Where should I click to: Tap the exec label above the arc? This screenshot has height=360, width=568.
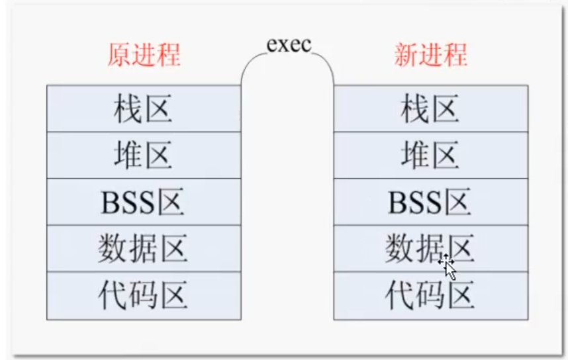(289, 44)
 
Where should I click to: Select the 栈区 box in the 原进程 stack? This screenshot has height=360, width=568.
(144, 109)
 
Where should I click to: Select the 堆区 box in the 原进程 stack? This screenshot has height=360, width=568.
(144, 155)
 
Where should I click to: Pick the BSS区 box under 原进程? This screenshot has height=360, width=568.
(144, 202)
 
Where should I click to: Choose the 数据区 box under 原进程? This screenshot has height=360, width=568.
(144, 248)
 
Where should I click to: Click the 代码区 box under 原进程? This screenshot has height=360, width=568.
(144, 295)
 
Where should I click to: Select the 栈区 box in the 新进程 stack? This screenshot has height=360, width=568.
(430, 109)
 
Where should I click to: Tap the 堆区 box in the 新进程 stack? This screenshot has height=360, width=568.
(430, 155)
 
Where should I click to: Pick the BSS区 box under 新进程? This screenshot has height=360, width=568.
(430, 202)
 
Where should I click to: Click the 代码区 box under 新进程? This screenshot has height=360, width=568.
(430, 295)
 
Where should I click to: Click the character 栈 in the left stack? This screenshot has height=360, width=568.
(128, 109)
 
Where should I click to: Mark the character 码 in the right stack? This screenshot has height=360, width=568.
(430, 295)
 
